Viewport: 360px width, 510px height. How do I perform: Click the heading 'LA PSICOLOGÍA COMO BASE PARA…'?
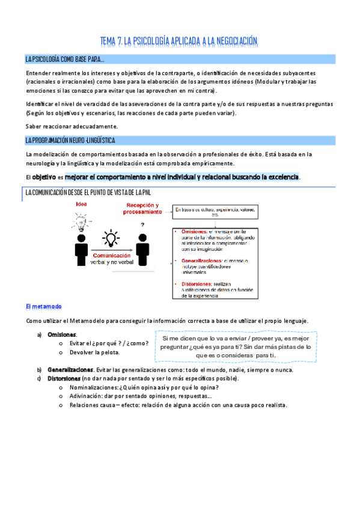coord(65,59)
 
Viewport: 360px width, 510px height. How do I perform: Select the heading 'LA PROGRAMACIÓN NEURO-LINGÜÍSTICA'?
coord(70,141)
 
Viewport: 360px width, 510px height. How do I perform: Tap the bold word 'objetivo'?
coord(44,177)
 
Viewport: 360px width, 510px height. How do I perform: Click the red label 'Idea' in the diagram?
coord(81,205)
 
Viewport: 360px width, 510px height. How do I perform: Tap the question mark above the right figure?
coord(142,225)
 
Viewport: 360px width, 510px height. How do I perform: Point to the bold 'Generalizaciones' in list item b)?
coord(70,369)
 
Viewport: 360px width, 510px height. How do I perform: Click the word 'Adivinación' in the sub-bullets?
coord(86,396)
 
